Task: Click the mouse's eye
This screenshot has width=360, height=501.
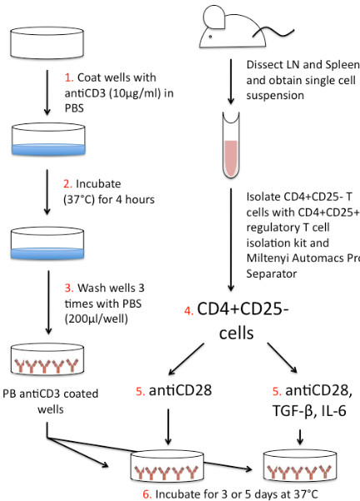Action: click(x=210, y=37)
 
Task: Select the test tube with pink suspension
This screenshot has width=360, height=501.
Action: click(x=231, y=145)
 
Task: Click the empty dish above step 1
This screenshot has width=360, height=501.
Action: click(x=47, y=43)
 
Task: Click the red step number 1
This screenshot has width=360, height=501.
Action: click(x=69, y=78)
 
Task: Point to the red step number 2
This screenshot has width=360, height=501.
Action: click(x=67, y=184)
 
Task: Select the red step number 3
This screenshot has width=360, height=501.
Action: click(x=69, y=288)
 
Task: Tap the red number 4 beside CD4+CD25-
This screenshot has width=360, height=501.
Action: click(x=189, y=311)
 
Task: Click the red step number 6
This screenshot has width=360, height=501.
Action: click(x=147, y=494)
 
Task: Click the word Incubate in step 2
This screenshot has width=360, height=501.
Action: click(x=98, y=183)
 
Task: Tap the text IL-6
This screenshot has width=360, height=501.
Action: click(x=334, y=411)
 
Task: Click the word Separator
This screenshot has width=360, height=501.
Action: click(x=272, y=273)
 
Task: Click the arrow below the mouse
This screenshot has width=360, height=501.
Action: click(x=231, y=82)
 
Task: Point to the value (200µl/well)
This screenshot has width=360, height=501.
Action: click(x=96, y=319)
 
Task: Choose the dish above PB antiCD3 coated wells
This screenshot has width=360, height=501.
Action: click(x=47, y=359)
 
